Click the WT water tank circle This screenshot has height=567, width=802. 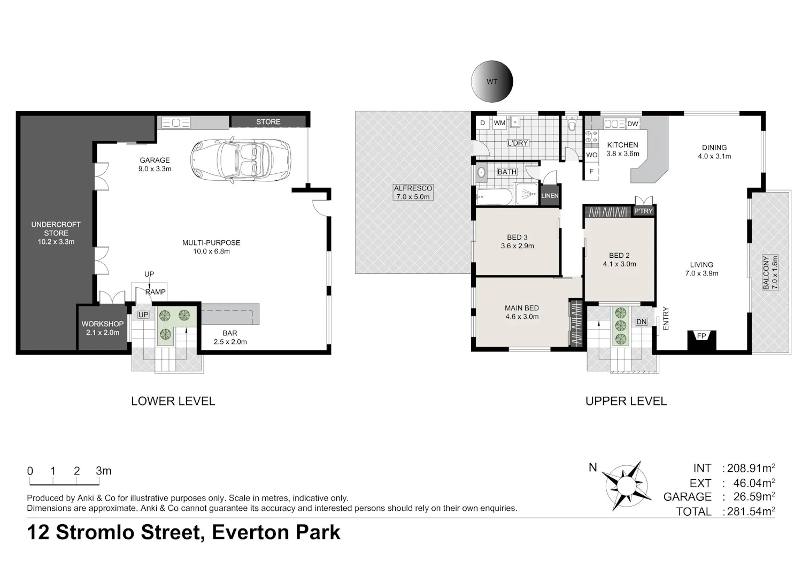(x=492, y=81)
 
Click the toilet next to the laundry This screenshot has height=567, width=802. (x=572, y=124)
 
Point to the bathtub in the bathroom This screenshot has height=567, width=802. (x=495, y=197)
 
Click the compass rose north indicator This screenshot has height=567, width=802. (x=626, y=486)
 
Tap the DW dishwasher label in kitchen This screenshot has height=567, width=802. (x=633, y=124)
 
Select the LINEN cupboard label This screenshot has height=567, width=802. (x=550, y=196)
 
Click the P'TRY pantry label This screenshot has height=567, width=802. (x=643, y=211)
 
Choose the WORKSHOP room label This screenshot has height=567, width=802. (x=103, y=324)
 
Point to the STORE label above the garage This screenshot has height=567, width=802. (x=268, y=122)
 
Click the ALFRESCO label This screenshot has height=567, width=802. (x=413, y=188)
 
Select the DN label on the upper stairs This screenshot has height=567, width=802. (x=641, y=321)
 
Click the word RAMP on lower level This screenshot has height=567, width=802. (x=156, y=292)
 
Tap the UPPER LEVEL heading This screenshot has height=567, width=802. (x=626, y=401)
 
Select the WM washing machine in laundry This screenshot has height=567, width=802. (x=499, y=123)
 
